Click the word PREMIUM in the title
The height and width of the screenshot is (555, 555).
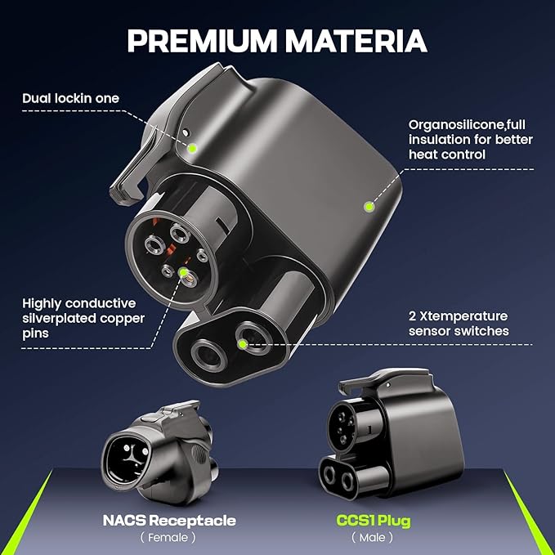202,40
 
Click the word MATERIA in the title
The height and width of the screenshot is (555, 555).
356,40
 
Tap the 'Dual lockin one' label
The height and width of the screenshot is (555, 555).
71,98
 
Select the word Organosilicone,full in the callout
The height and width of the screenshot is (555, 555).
467,125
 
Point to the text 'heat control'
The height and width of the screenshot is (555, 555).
447,154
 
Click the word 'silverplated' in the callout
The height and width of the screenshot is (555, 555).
59,319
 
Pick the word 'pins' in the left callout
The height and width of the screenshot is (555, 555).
35,333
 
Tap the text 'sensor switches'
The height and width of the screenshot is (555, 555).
459,331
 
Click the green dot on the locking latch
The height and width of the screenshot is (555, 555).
192,148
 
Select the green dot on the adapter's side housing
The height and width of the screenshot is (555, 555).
369,206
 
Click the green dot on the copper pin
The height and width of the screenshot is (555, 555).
183,272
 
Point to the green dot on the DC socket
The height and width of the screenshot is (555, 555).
243,343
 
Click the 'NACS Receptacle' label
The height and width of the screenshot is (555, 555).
169,521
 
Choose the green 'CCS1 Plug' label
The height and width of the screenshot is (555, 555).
374,521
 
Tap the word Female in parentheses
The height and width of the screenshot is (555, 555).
168,538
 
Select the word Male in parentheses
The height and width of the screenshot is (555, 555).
372,538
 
